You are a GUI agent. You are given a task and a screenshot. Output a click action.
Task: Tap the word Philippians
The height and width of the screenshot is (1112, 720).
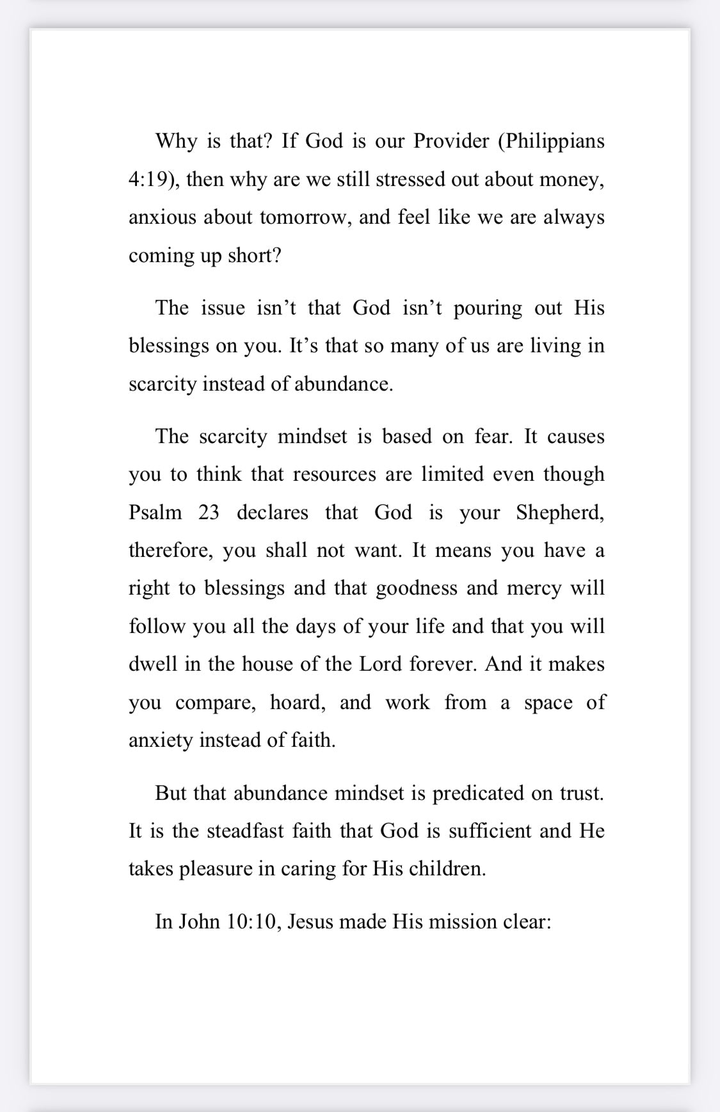pyautogui.click(x=555, y=141)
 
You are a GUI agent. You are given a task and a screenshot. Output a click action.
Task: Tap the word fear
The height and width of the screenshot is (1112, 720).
pyautogui.click(x=493, y=436)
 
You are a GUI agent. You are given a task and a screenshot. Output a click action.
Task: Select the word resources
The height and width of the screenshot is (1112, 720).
pyautogui.click(x=334, y=474)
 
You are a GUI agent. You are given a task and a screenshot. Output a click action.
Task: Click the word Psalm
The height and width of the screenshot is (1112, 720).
pyautogui.click(x=155, y=512)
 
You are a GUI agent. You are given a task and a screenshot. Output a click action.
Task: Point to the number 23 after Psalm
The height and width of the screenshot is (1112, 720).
pyautogui.click(x=209, y=512)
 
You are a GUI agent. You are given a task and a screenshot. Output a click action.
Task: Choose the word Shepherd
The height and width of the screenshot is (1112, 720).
pyautogui.click(x=560, y=512)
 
